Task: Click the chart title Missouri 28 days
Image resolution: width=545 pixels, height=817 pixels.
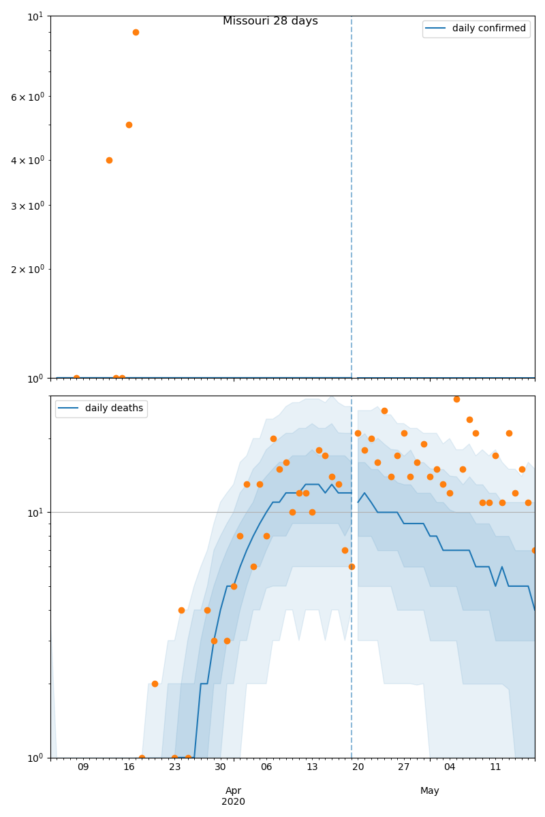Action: (x=270, y=21)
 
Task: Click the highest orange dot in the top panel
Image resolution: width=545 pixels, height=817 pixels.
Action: (x=136, y=32)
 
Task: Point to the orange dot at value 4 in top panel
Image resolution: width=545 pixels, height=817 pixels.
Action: (x=109, y=160)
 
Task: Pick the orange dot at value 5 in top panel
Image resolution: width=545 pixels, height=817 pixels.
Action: (x=129, y=125)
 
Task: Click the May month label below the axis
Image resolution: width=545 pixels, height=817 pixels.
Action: (x=430, y=790)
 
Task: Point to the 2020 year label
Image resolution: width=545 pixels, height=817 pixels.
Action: (x=233, y=801)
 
